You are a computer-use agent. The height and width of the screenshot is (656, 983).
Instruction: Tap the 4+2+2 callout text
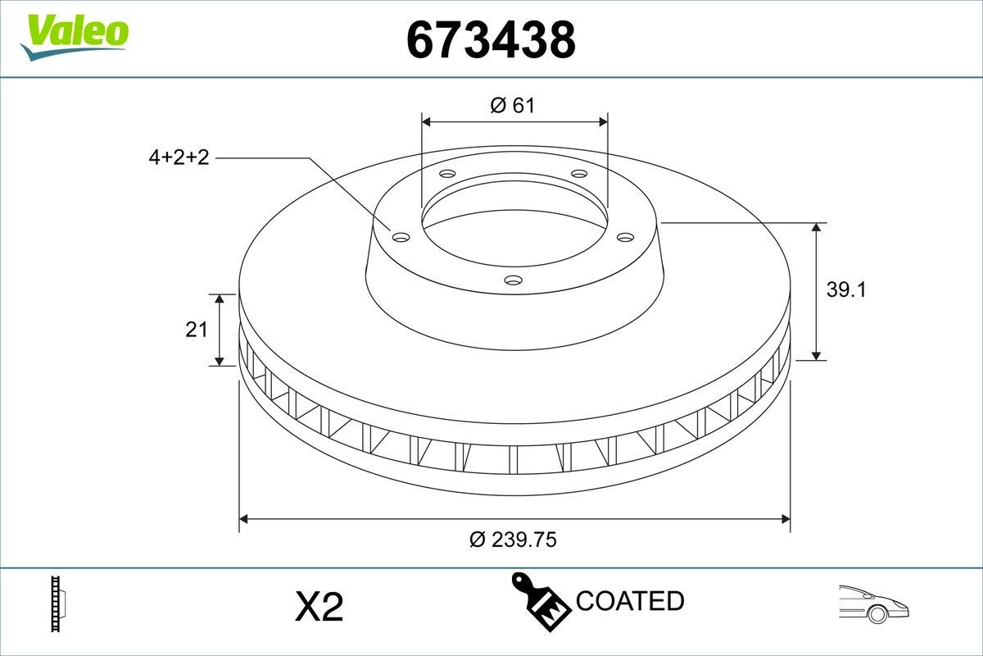(x=179, y=158)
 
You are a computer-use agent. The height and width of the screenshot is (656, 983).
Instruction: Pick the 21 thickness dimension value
(x=196, y=330)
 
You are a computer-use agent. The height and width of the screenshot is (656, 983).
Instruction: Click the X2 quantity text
(x=318, y=607)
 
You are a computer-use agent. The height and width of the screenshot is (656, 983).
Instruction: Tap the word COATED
(x=629, y=601)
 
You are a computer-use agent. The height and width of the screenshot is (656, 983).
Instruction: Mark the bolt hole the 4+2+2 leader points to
(x=401, y=237)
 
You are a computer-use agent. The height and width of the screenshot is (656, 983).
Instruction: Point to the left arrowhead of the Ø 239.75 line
(x=243, y=518)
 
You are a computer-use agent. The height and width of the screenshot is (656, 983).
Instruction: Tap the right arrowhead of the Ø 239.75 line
(x=786, y=518)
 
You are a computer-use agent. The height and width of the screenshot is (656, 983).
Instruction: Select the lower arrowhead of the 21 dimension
(x=219, y=361)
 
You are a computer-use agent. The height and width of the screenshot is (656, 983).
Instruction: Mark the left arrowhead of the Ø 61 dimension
(x=426, y=121)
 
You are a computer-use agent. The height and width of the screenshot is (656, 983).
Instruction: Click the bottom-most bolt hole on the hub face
(x=513, y=280)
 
